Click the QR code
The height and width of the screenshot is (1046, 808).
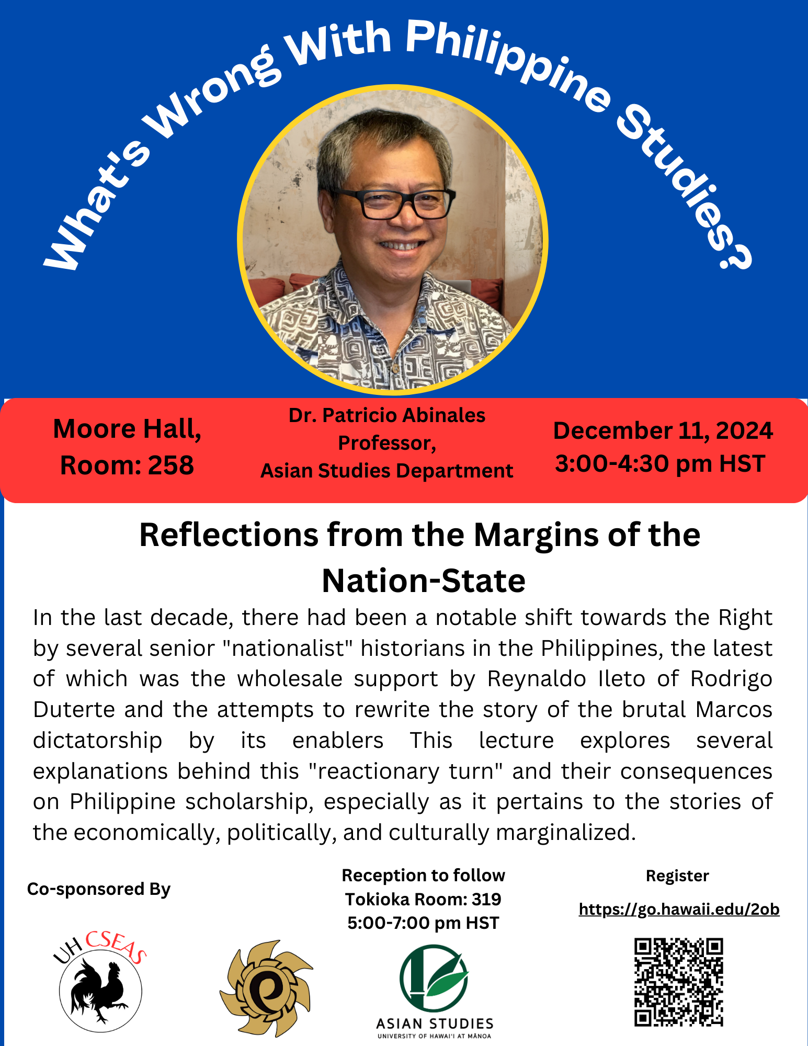coord(679,982)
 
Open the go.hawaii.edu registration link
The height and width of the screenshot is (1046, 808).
coord(679,909)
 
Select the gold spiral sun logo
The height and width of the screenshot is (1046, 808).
coord(266,988)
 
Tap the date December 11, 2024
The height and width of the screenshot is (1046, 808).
coord(663,430)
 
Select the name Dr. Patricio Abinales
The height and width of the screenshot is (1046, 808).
coord(387,415)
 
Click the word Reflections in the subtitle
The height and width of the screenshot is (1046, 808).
coord(229,535)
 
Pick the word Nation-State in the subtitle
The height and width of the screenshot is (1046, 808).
coord(424,581)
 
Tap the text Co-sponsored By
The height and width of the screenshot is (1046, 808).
coord(99,889)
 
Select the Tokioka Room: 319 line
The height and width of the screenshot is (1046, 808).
coord(423,899)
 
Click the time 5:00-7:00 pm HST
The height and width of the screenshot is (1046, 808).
coord(423,923)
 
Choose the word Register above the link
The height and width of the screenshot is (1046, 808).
coord(677,876)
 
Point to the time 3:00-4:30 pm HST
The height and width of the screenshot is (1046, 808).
coord(660,464)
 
